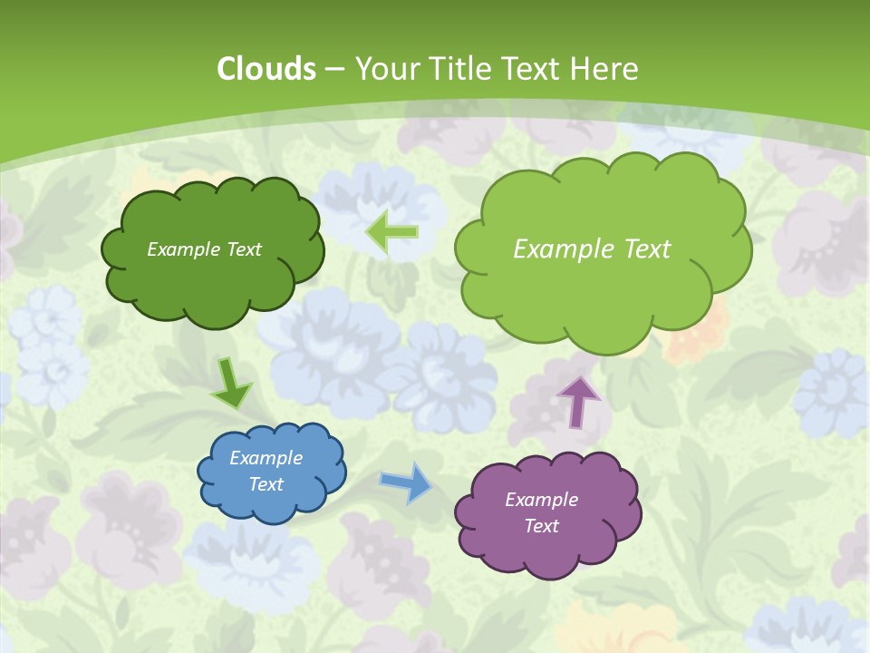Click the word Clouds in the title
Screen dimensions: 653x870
pyautogui.click(x=266, y=69)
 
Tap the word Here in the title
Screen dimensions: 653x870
pyautogui.click(x=604, y=69)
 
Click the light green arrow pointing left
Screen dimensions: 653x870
pyautogui.click(x=391, y=232)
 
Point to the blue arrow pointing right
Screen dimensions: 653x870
pyautogui.click(x=405, y=482)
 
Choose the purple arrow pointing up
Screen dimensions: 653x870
pyautogui.click(x=578, y=401)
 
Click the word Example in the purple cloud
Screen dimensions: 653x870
pyautogui.click(x=541, y=500)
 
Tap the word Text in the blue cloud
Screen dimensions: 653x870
pyautogui.click(x=266, y=484)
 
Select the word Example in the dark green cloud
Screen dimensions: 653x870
pyautogui.click(x=181, y=249)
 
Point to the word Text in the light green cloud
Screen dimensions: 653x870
pyautogui.click(x=641, y=249)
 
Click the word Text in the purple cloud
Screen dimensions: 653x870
pyautogui.click(x=541, y=526)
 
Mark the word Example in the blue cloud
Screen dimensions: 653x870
pyautogui.click(x=266, y=458)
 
